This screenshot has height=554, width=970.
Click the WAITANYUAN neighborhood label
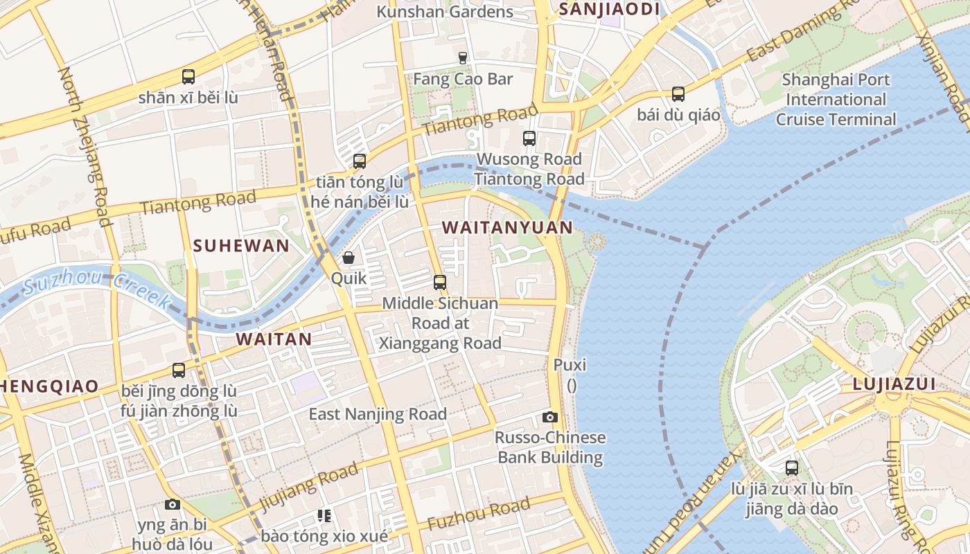[x=507, y=228]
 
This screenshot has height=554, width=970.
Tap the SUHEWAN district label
[x=241, y=246]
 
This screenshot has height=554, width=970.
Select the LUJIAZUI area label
[x=894, y=384]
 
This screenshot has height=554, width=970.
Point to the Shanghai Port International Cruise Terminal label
[x=836, y=100]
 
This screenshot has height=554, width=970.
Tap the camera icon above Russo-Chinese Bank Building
[x=550, y=417]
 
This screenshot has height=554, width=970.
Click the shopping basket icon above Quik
[x=349, y=258]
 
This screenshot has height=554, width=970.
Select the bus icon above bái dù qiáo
[x=678, y=93]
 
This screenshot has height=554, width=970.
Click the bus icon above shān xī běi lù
[x=188, y=77]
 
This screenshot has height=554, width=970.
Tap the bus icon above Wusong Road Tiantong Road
[x=529, y=138]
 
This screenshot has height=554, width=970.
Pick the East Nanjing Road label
[x=378, y=415]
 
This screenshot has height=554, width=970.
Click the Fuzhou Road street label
[x=478, y=515]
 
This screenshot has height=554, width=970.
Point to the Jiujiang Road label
[x=308, y=489]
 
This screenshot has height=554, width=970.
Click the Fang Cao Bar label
[x=463, y=79]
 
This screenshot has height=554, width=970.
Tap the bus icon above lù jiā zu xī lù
[x=792, y=468]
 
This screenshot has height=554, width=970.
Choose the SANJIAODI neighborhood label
[x=608, y=9]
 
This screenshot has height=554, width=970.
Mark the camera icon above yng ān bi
[x=173, y=504]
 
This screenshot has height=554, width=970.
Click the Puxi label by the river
[x=570, y=365]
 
